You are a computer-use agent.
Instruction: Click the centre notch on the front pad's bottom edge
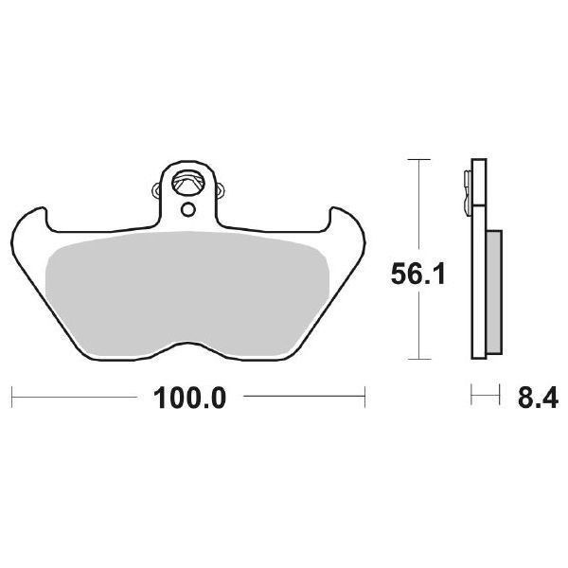(189, 342)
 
